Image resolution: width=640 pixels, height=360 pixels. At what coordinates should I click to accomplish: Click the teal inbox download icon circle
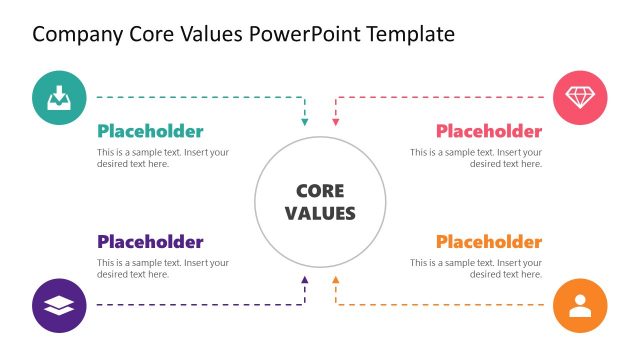[x=59, y=97]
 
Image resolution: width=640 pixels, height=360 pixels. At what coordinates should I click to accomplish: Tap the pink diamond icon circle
[x=580, y=97]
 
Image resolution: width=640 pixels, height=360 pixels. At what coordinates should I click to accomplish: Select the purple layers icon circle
[x=59, y=305]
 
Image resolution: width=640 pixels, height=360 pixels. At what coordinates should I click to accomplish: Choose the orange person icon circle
[x=580, y=305]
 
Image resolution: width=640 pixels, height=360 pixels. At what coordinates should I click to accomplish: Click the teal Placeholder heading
[x=150, y=131]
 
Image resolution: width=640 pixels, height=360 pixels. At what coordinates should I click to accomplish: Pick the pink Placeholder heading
[x=489, y=131]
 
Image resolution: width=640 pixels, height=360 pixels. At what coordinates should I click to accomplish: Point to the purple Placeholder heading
[x=150, y=242]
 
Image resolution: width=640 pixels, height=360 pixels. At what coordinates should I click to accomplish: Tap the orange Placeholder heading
[x=489, y=242]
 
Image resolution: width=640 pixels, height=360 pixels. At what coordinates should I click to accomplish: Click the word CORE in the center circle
[x=320, y=191]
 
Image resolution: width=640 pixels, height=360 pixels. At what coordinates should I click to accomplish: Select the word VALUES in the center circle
[x=320, y=213]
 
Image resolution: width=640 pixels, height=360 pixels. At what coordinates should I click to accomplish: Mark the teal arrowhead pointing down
[x=305, y=122]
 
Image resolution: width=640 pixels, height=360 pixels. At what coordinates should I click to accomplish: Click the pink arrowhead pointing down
[x=336, y=122]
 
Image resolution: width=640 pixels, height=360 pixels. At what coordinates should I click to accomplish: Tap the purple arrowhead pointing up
[x=305, y=280]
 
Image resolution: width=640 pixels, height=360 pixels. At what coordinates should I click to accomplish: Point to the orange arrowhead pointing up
[x=336, y=280]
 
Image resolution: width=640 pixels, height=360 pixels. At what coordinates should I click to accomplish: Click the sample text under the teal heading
[x=163, y=158]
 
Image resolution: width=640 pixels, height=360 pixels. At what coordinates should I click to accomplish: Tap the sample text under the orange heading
[x=476, y=268]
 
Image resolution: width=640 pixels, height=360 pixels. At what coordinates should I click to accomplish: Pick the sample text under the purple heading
[x=163, y=268]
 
